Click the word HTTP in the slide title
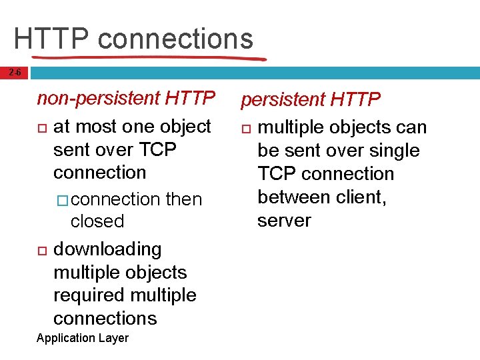point(51,39)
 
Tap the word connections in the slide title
point(175,39)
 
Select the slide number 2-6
point(14,73)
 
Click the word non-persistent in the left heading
point(98,99)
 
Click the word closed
point(97,221)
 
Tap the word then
point(183,199)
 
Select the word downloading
point(107,249)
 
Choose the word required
point(89,295)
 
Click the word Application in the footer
point(65,338)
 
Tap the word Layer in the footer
point(113,338)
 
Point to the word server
point(284,221)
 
